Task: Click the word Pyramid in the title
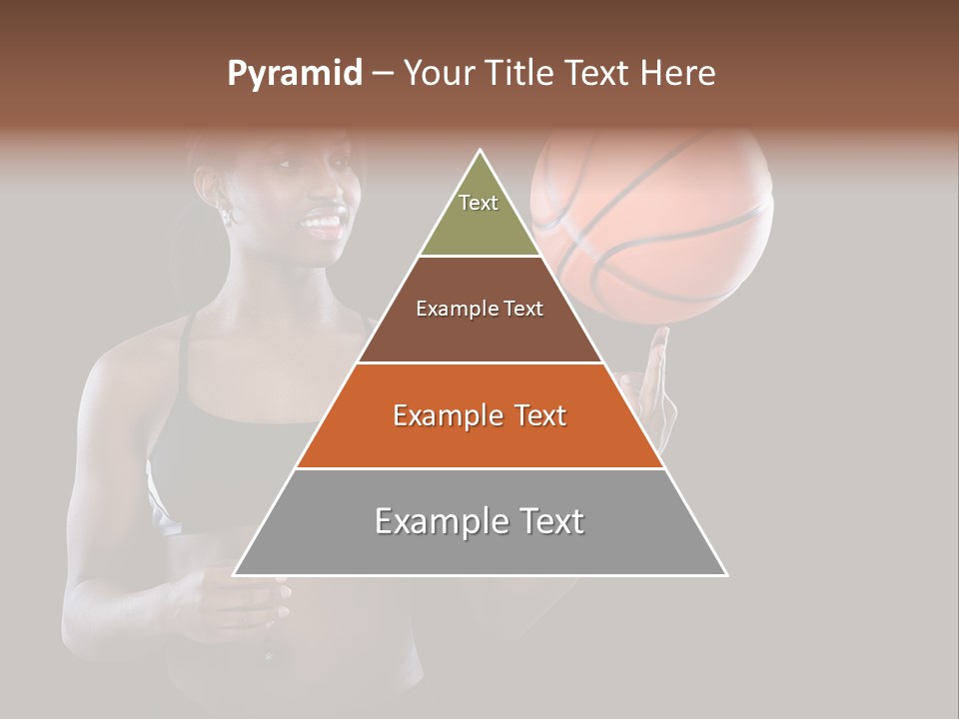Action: tap(294, 74)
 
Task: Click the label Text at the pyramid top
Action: tap(479, 203)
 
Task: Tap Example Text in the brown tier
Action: tap(479, 309)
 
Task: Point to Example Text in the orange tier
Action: tap(479, 415)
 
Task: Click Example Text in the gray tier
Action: tap(479, 521)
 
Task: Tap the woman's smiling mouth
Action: tap(322, 223)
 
